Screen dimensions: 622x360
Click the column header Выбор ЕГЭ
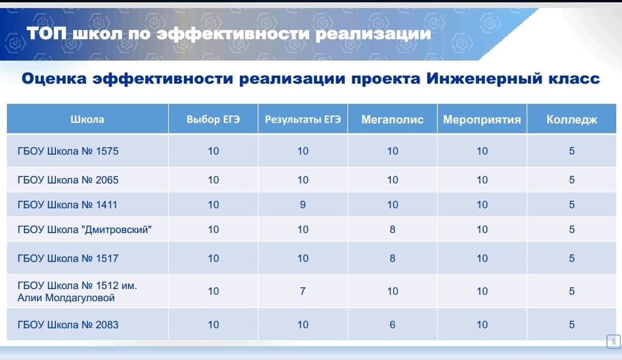(213, 119)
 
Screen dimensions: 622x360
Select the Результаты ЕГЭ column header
(303, 119)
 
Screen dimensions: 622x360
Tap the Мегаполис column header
(393, 119)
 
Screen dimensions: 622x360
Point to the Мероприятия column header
(482, 119)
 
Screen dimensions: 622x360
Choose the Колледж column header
(572, 119)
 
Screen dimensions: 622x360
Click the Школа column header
(87, 119)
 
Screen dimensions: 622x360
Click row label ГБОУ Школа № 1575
(68, 151)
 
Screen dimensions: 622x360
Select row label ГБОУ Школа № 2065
(68, 180)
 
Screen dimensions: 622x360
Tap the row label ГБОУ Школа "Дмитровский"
(85, 230)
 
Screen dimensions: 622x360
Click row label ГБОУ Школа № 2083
(68, 325)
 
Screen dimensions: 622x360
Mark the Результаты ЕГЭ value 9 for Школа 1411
(303, 205)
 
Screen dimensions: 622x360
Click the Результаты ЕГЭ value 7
(303, 291)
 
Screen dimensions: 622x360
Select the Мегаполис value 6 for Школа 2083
(393, 325)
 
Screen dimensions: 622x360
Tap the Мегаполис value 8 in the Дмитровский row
(393, 230)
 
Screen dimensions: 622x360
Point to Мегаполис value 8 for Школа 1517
(393, 258)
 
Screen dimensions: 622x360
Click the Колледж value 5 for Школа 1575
(572, 151)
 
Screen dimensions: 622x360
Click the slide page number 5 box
(614, 342)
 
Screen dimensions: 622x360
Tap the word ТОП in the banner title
(47, 33)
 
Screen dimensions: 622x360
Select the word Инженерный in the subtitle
(484, 78)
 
